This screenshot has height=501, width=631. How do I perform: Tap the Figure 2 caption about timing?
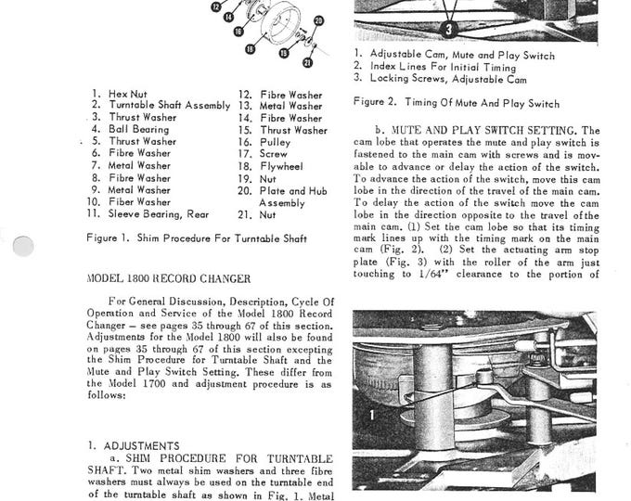coord(456,103)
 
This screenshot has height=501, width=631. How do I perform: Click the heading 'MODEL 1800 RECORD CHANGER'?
coord(163,277)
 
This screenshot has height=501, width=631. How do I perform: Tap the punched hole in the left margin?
coord(24,246)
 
